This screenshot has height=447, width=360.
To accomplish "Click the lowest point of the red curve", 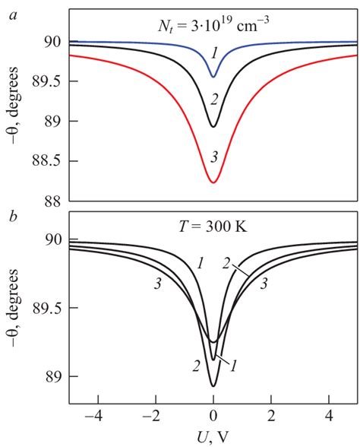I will (x=213, y=182).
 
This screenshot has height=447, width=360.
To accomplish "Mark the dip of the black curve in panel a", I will (x=213, y=126).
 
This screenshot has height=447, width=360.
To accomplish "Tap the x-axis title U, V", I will (x=213, y=437).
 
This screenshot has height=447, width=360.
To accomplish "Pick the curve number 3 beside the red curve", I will (x=214, y=157).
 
